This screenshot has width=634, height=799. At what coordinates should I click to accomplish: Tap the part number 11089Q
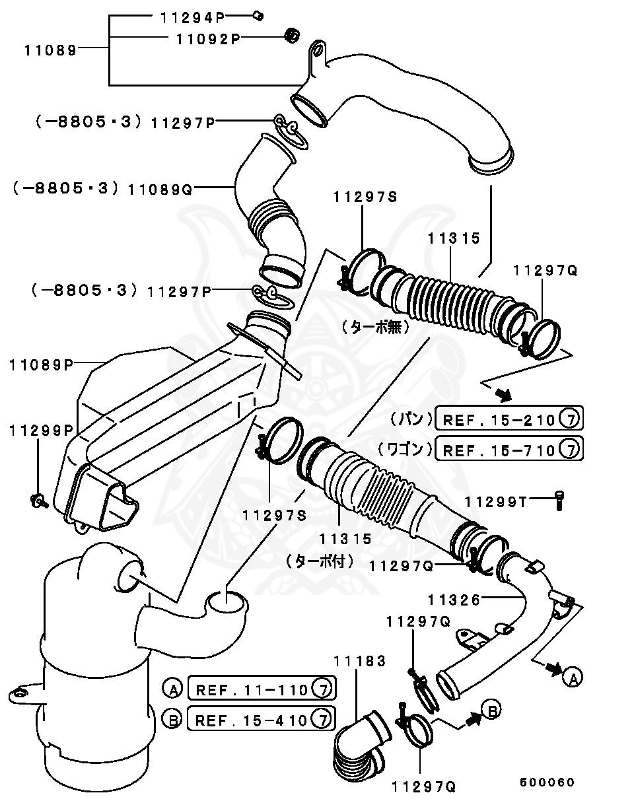click(160, 190)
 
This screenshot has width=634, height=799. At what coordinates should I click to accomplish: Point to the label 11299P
click(40, 430)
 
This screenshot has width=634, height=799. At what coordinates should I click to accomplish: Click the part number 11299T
click(495, 502)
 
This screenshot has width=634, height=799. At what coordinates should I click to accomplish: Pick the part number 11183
click(359, 660)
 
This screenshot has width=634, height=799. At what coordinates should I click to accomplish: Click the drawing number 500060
click(547, 782)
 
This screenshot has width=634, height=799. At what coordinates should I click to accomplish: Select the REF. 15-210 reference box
click(509, 419)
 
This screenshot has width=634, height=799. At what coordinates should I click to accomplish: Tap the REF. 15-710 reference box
click(509, 450)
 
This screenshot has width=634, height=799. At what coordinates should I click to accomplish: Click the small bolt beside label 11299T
click(559, 501)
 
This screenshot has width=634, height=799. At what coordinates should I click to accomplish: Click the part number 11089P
click(40, 363)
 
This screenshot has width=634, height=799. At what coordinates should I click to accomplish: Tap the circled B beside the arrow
click(490, 711)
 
